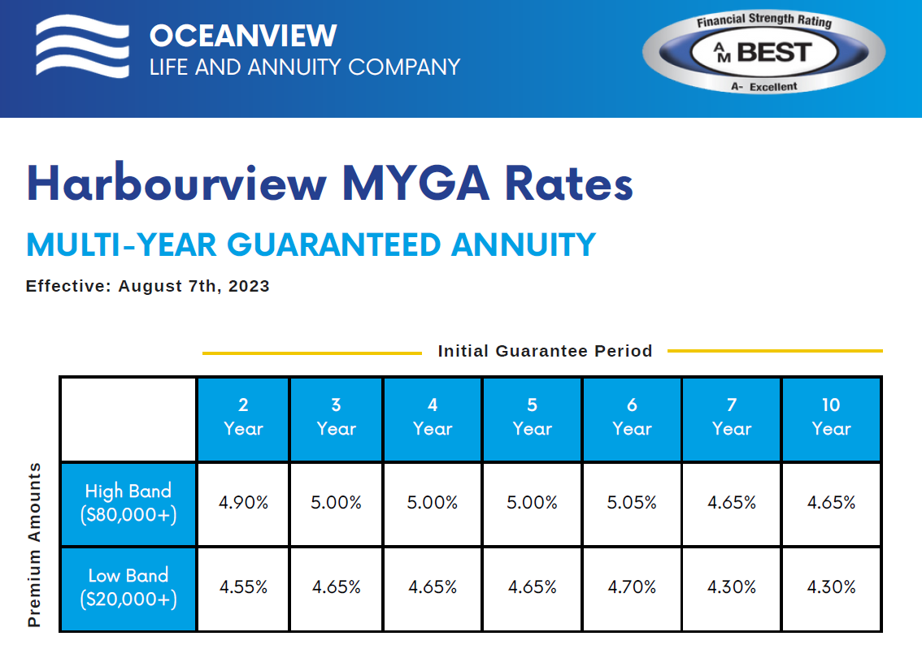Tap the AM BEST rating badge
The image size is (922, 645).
tap(764, 53)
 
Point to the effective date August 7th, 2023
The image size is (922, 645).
tap(194, 286)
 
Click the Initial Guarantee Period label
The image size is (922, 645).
tap(545, 351)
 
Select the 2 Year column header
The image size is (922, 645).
tap(243, 418)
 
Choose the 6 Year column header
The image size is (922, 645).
tap(632, 418)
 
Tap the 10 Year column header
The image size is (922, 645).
tap(831, 418)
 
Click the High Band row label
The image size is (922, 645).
tap(128, 503)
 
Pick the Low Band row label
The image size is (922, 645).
tap(128, 587)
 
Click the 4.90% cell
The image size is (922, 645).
tap(243, 503)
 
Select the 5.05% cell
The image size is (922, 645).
tap(632, 503)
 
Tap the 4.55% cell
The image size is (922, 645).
tap(243, 587)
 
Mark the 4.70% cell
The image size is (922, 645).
tap(632, 587)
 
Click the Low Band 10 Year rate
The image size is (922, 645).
tap(831, 587)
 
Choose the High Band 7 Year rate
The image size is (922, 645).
tap(732, 503)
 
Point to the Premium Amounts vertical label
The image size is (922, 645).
tap(34, 545)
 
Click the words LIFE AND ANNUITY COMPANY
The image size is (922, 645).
tap(305, 67)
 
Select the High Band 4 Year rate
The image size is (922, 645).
tap(433, 503)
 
